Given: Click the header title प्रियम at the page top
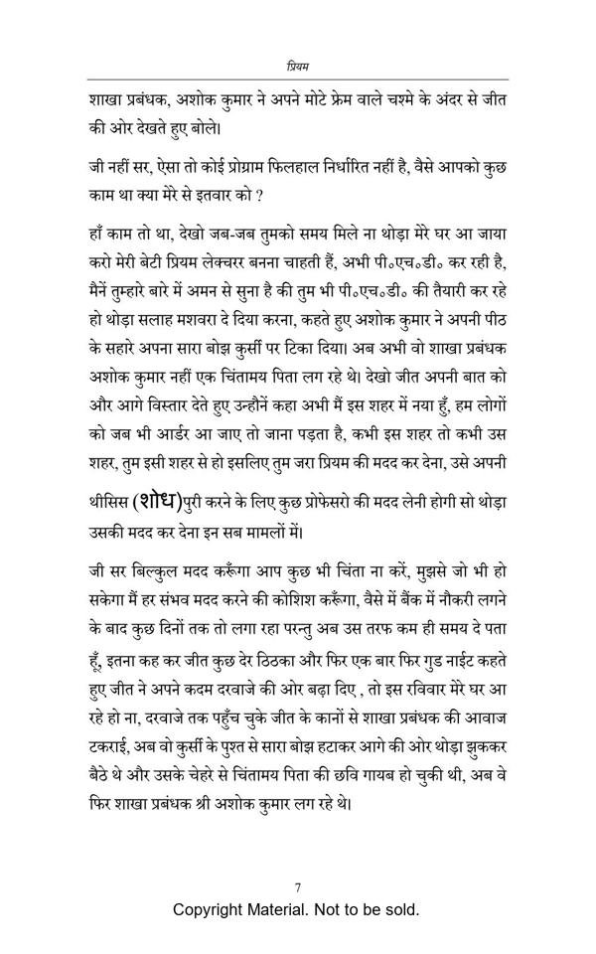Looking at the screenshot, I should (x=297, y=66).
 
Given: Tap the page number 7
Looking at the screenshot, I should (x=298, y=887).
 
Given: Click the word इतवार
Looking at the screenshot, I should (x=204, y=196).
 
